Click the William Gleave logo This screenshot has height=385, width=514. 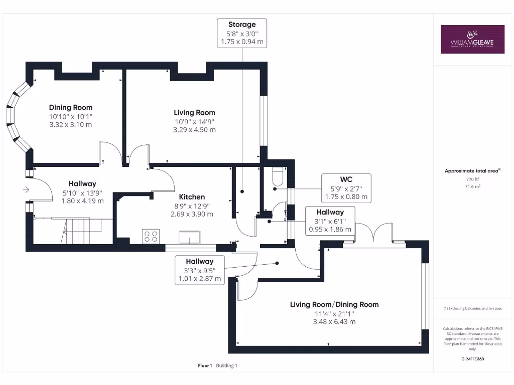pos(472,39)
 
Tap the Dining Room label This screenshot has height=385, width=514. pos(70,107)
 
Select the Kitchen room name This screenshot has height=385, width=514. pos(192,197)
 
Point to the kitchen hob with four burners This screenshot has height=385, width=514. pos(151,237)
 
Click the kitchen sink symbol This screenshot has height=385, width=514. pos(189,237)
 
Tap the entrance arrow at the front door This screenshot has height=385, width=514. pos(26,189)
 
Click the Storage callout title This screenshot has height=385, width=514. pos(242,25)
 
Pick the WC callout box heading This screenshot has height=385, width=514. pos(346,179)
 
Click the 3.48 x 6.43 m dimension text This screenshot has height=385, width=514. pos(334,322)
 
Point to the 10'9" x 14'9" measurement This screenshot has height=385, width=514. pos(194,122)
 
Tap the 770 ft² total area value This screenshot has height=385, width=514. pos(472,179)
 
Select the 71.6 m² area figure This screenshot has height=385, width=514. pos(472,186)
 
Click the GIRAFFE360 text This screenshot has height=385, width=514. pos(472,359)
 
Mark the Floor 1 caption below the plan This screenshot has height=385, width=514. pos(205,365)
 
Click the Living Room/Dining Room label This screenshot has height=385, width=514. pos(334,304)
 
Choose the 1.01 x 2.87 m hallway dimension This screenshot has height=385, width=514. pos(200,279)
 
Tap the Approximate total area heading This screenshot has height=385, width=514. pos(471,171)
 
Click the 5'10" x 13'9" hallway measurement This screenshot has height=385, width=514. pos(82,193)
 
